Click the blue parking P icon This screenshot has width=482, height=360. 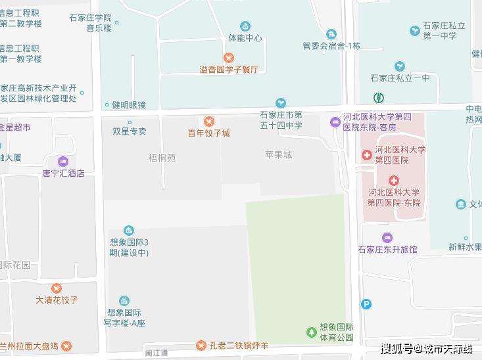(x=366, y=304)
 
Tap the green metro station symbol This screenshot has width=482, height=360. (x=379, y=99)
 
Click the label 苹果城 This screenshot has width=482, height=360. (x=278, y=155)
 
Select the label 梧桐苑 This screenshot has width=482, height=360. (x=162, y=158)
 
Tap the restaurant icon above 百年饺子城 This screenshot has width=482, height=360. (x=208, y=122)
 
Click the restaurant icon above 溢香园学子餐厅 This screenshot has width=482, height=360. (x=229, y=58)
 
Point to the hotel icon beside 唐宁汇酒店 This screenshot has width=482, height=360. (x=63, y=162)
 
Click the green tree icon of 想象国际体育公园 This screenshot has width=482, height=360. (x=311, y=332)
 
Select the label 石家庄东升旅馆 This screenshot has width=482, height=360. (x=387, y=250)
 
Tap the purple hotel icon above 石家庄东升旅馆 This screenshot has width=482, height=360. (x=387, y=237)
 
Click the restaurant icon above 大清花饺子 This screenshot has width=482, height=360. (x=57, y=288)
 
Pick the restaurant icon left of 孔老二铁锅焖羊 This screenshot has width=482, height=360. (x=201, y=346)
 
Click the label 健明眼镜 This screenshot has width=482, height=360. (x=128, y=104)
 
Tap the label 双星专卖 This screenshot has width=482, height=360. (x=130, y=131)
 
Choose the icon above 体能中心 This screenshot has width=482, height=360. (x=245, y=26)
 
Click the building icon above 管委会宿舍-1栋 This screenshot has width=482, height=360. (x=331, y=34)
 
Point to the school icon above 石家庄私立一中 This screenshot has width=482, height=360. (x=400, y=66)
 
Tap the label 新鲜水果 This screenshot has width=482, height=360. (x=465, y=248)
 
